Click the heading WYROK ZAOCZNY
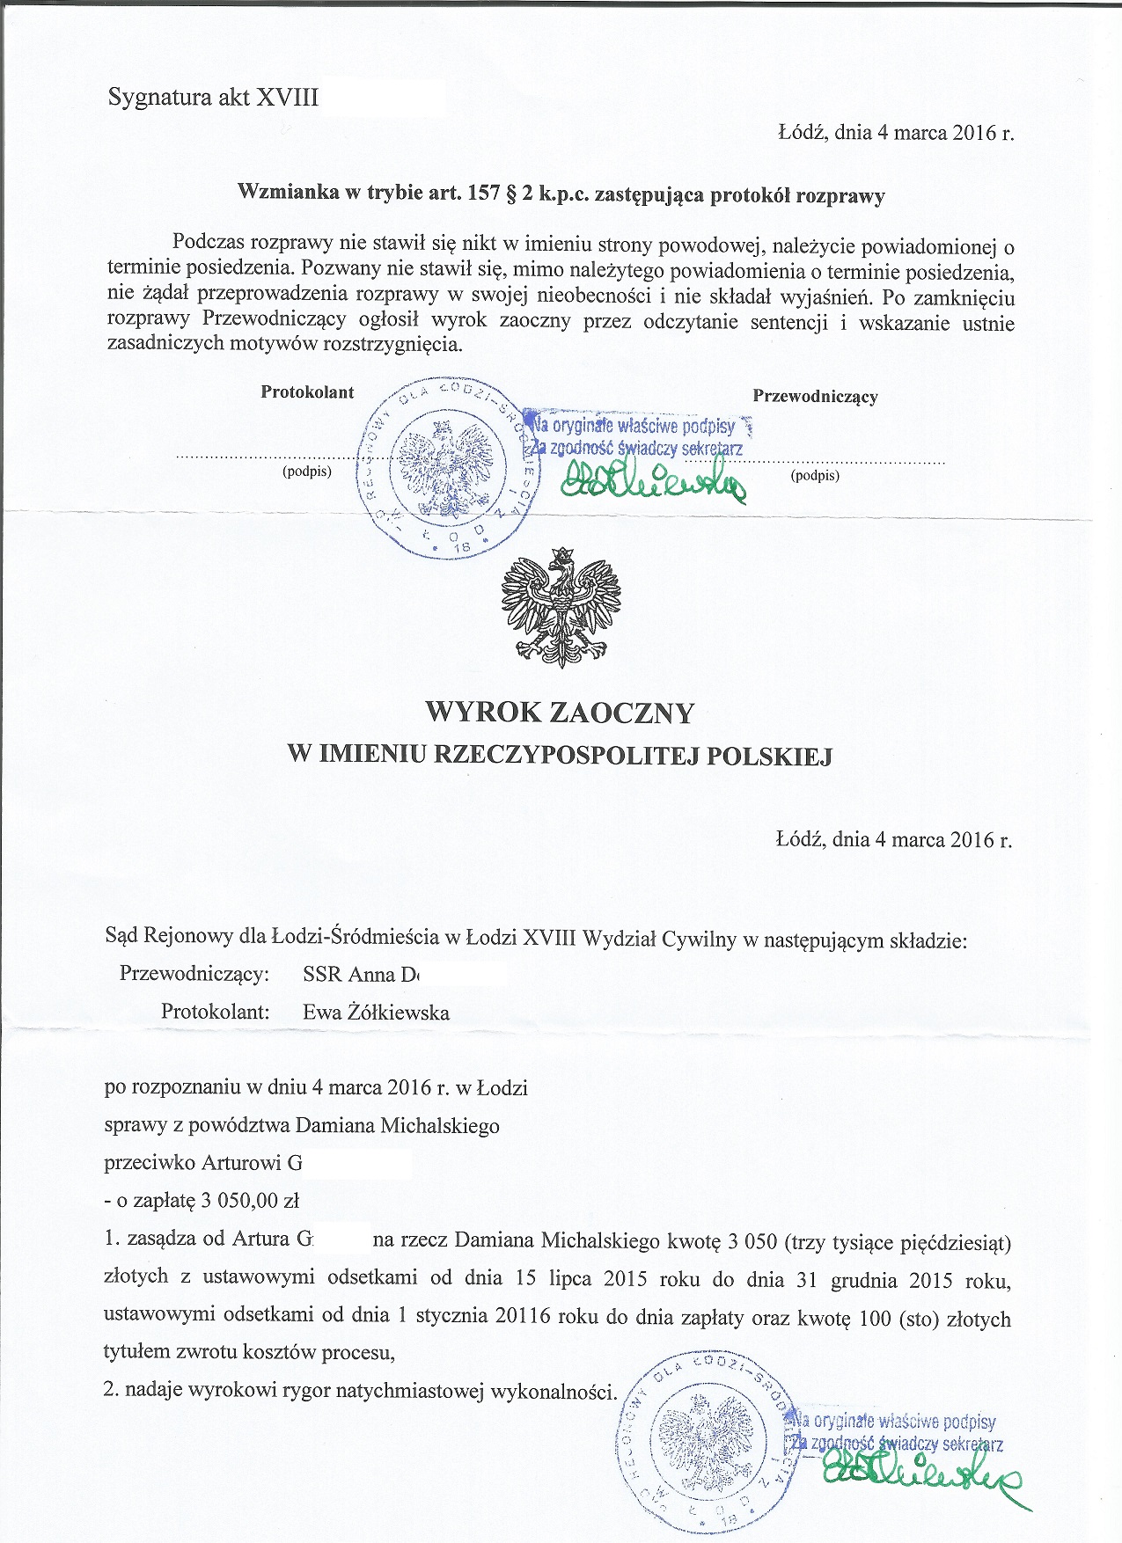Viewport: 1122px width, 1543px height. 560,712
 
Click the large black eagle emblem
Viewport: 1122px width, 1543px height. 561,607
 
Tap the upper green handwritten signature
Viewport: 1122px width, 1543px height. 652,479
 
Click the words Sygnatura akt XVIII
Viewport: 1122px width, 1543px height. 213,97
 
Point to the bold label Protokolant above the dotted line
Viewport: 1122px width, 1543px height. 307,392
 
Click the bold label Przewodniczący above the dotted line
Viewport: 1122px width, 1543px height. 815,396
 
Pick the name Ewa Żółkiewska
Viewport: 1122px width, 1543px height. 376,1013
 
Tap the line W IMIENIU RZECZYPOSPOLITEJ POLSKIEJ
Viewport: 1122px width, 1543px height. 560,755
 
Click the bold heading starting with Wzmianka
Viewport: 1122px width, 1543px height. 561,194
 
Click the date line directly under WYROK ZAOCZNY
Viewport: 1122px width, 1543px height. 894,839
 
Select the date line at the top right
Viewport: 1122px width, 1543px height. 896,133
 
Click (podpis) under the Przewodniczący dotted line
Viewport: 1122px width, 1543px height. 815,476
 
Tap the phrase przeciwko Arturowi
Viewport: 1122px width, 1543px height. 203,1163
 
